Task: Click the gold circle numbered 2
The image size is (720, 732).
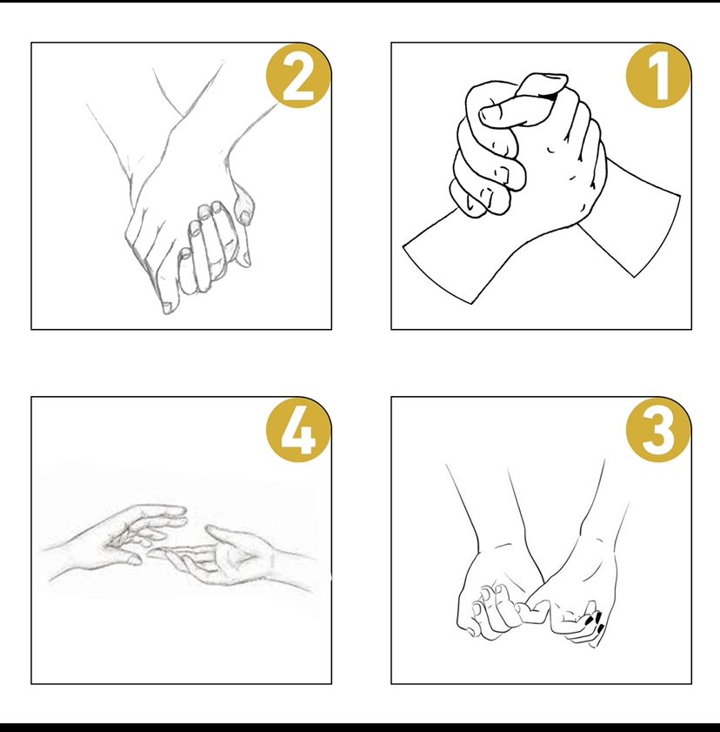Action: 298,76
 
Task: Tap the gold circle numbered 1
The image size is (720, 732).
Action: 658,76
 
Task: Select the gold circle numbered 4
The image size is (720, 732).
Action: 298,430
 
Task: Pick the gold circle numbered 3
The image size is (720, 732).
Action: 658,430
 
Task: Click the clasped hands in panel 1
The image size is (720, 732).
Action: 530,150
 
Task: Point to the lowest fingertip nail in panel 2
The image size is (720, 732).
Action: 168,307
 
